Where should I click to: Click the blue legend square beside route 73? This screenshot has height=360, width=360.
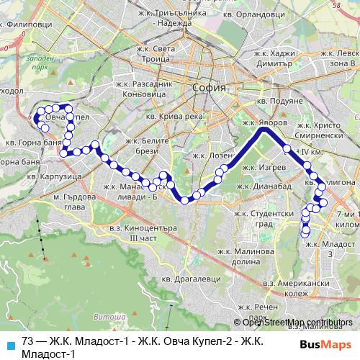9,343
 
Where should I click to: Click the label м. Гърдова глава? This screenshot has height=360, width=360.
73,201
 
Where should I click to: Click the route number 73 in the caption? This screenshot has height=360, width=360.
28,341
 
